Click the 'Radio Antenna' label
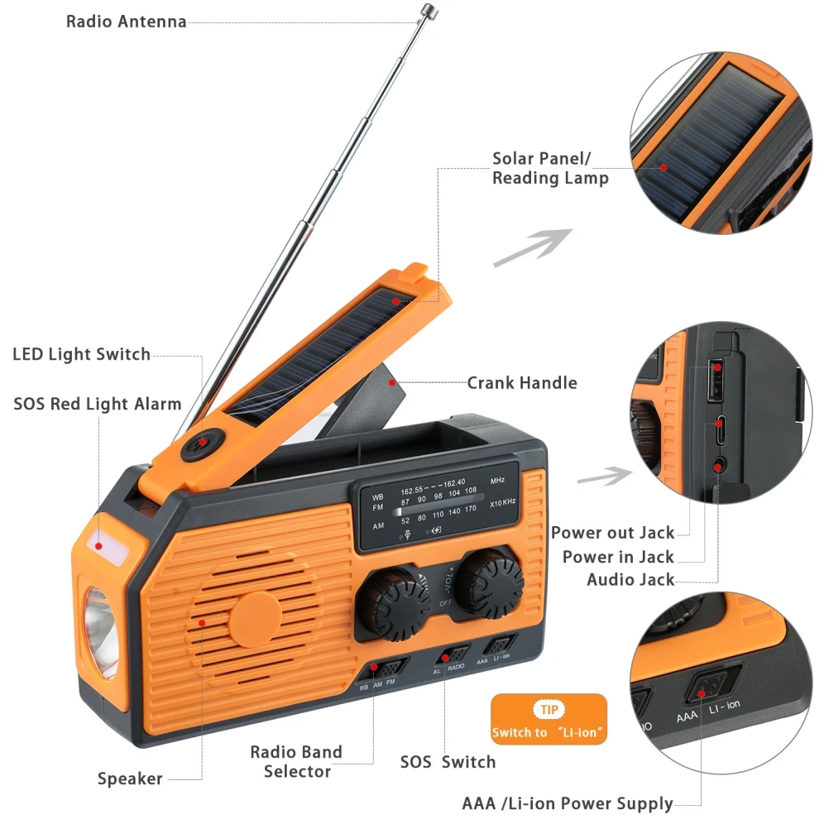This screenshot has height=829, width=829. point(126,22)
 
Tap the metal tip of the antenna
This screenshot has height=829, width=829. point(429,10)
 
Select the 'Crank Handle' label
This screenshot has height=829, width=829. point(521,383)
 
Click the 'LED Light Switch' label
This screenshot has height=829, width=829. point(81,355)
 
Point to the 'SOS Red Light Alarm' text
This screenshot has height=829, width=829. point(97,405)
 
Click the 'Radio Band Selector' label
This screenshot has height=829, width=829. point(296,762)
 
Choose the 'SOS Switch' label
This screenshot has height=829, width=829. point(448,762)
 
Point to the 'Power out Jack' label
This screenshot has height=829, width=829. point(612,534)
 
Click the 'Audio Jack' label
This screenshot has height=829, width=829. point(630,580)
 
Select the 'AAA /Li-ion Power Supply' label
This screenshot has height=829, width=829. point(567,803)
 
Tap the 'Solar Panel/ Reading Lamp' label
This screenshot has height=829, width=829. point(550,168)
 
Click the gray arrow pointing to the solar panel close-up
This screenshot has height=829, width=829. point(532,248)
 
